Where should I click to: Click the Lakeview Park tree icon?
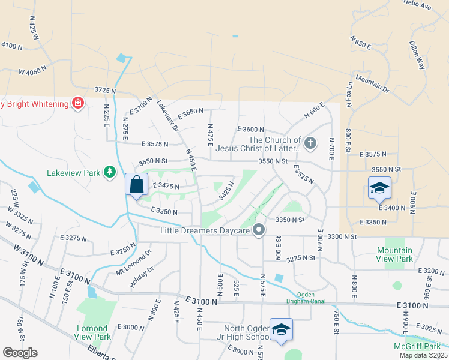[x=109, y=173]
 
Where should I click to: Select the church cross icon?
[x=310, y=143]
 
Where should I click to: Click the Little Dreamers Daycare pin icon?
[x=259, y=230]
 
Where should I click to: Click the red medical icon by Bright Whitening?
[x=77, y=104]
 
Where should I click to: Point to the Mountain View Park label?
[x=394, y=254]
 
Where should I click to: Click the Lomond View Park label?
[x=93, y=333]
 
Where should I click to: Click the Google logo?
[x=20, y=353]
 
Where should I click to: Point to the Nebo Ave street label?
[x=418, y=5]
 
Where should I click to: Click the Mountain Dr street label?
[x=372, y=83]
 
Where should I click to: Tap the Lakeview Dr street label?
[x=167, y=115]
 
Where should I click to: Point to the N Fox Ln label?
[x=349, y=92]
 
